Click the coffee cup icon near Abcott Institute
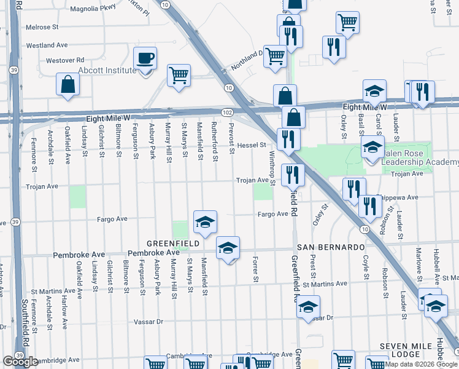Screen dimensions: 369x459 pyautogui.click(x=145, y=59)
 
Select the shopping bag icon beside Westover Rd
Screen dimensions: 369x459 pyautogui.click(x=67, y=85)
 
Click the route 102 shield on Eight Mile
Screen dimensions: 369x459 pyautogui.click(x=227, y=112)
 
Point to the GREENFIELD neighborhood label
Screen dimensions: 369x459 pyautogui.click(x=172, y=244)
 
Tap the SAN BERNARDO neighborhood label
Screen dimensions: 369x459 pyautogui.click(x=331, y=247)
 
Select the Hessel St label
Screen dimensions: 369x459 pyautogui.click(x=251, y=145)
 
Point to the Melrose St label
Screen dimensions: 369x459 pyautogui.click(x=42, y=28)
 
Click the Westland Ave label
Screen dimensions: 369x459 pyautogui.click(x=47, y=45)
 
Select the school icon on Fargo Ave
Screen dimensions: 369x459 pyautogui.click(x=205, y=223)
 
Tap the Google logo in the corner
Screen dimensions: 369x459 pyautogui.click(x=21, y=362)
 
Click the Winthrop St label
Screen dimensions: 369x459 pyautogui.click(x=272, y=170)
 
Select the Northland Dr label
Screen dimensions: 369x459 pyautogui.click(x=247, y=60)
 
